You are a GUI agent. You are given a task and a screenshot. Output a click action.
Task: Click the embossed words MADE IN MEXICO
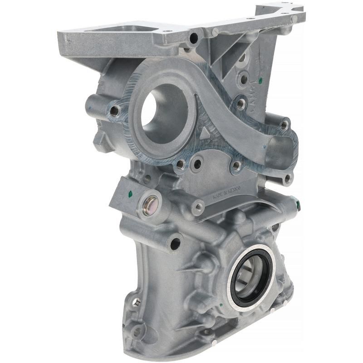(x=230, y=192)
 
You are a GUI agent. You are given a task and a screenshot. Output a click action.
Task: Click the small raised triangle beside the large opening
(x=206, y=132)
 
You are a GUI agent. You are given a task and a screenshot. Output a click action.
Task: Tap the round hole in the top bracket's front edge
(x=194, y=39)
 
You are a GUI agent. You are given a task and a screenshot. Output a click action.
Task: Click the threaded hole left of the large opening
(x=115, y=110)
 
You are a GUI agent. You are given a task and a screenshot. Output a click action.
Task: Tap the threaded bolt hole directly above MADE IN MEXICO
(x=236, y=167)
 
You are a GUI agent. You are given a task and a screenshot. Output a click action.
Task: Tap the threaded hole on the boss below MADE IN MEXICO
(x=198, y=207)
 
